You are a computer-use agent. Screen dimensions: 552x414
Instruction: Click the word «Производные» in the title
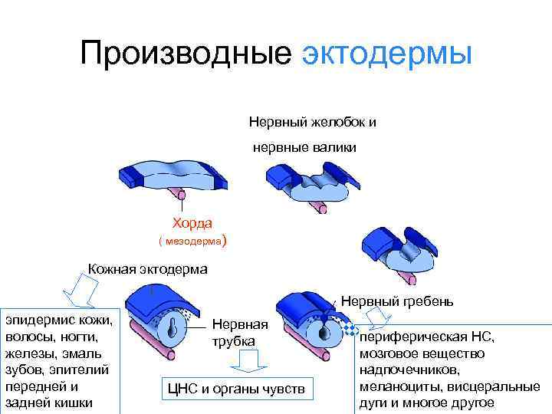tap(186, 54)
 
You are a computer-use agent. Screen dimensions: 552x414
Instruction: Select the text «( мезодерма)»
tap(192, 242)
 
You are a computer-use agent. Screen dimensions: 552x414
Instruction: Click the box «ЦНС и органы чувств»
tap(236, 389)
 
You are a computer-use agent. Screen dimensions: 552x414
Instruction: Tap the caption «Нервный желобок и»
tap(312, 121)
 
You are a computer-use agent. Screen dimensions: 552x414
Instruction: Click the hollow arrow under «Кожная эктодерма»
tap(77, 289)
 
